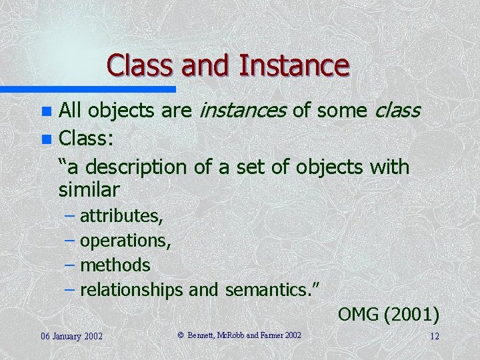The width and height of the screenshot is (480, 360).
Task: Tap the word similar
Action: (x=89, y=190)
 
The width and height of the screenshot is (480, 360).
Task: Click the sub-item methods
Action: (x=115, y=265)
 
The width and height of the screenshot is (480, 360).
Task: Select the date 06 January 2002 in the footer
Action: (x=71, y=335)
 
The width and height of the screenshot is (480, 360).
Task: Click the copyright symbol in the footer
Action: (x=181, y=335)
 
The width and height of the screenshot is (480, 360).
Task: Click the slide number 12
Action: (x=434, y=335)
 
